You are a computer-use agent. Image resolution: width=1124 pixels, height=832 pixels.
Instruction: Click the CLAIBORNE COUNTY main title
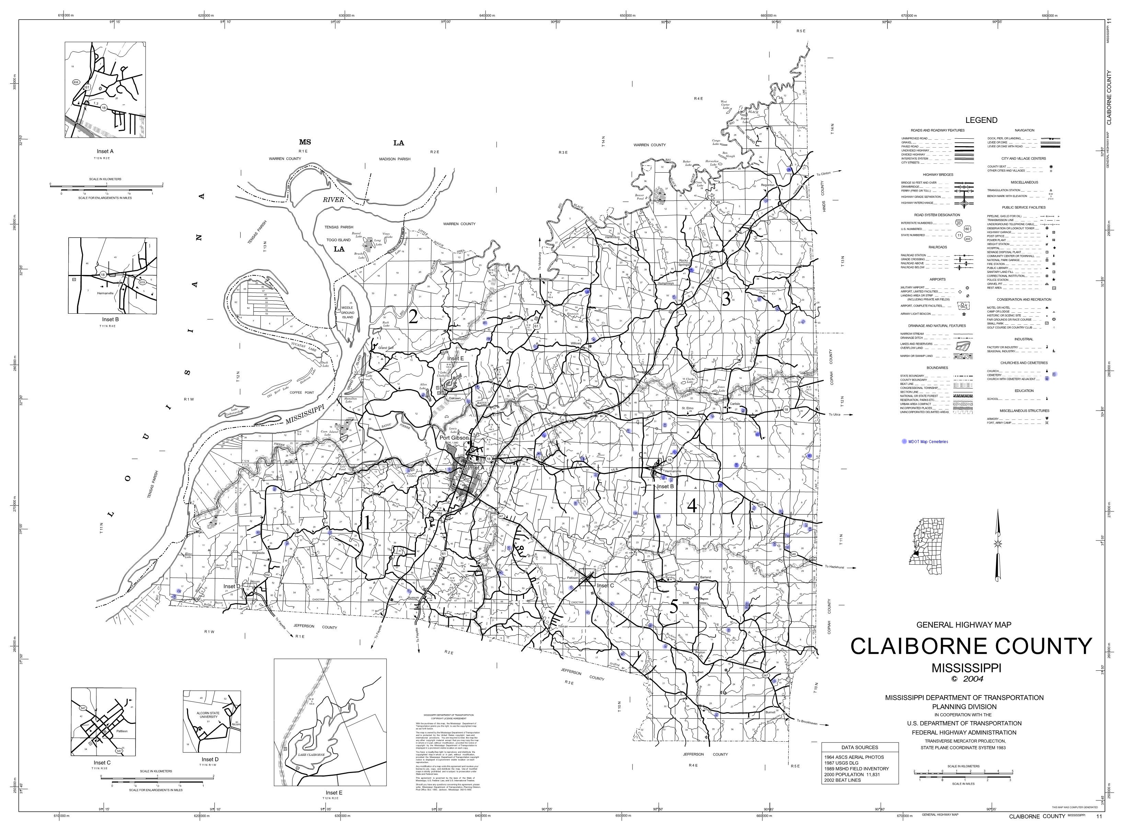click(x=971, y=646)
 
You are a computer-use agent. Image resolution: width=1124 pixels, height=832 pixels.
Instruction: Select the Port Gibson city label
click(x=454, y=438)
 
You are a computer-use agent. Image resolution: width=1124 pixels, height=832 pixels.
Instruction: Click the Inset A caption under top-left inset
click(x=105, y=151)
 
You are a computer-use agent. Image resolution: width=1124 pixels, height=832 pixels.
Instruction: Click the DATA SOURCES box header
click(x=860, y=747)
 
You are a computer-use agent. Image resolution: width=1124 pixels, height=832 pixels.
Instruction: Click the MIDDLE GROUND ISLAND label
click(x=347, y=312)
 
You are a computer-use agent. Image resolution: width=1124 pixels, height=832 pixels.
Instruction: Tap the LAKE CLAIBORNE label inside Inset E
click(x=311, y=755)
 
